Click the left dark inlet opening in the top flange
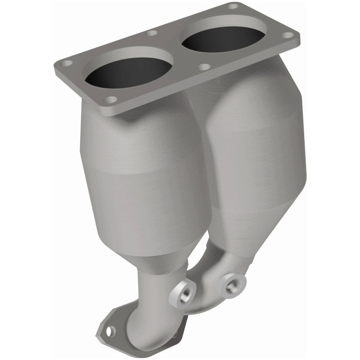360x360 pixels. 128,72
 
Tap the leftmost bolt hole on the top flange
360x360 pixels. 67,63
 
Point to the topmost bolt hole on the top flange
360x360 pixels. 233,6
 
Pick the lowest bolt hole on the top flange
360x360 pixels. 111,99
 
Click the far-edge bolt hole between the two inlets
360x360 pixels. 152,33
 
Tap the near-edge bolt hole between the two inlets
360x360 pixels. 204,67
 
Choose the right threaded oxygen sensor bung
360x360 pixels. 234,283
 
